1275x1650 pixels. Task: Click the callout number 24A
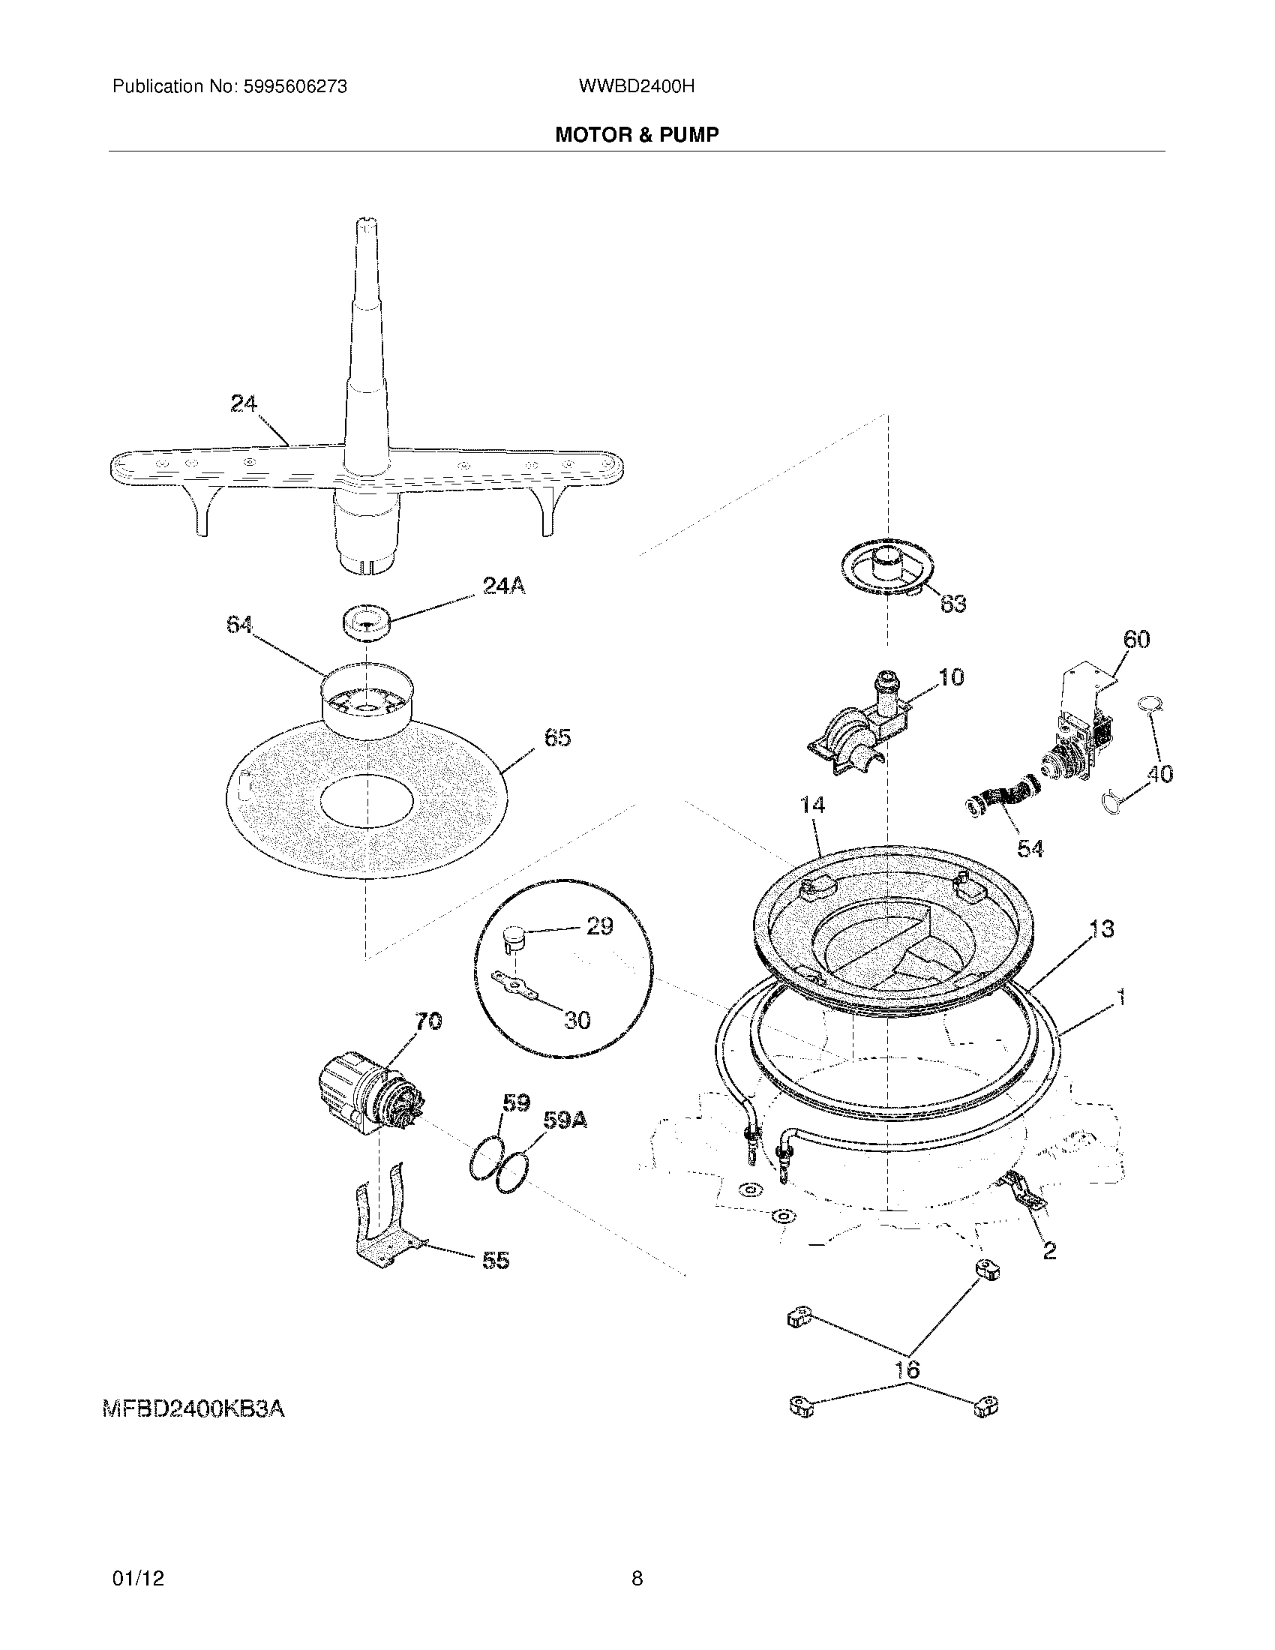[504, 585]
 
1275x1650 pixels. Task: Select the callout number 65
[557, 737]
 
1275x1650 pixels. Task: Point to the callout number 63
[952, 604]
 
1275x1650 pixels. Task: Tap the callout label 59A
[564, 1120]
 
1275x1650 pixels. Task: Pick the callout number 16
[907, 1369]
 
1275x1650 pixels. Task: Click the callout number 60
[1136, 639]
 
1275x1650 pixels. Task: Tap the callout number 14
[812, 805]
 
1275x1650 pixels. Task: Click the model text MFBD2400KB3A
[193, 1409]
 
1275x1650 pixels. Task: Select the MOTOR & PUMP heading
[637, 134]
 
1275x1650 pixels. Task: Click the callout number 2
[1049, 1251]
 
